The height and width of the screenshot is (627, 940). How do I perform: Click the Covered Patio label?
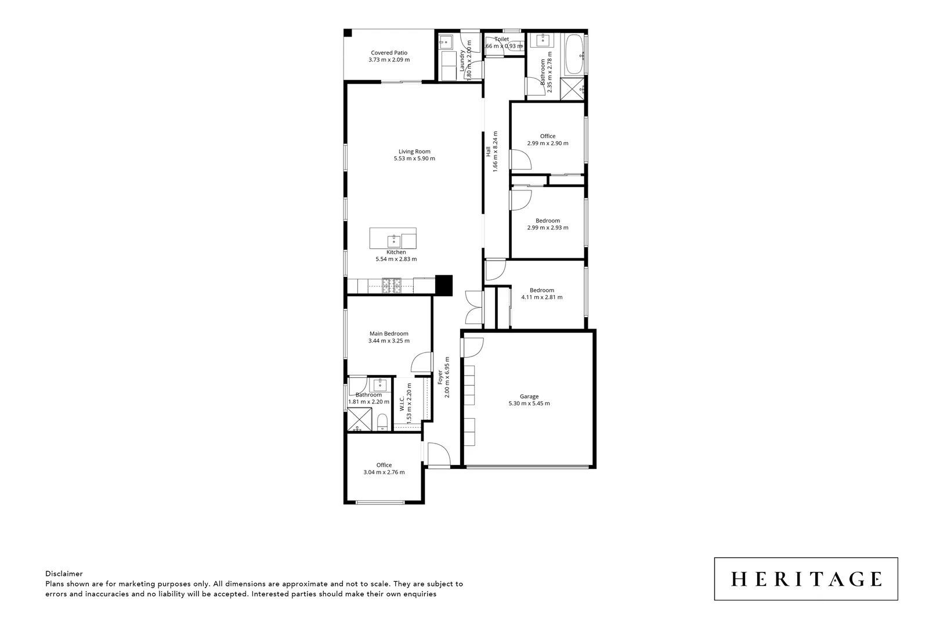[x=389, y=53]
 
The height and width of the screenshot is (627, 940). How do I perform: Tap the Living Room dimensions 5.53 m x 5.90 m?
[x=414, y=158]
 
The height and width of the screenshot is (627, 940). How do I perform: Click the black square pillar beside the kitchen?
[x=443, y=284]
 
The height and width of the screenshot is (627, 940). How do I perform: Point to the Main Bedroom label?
[x=389, y=334]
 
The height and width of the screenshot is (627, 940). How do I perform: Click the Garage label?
[x=529, y=397]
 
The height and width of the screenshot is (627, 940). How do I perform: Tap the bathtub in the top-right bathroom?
[x=575, y=55]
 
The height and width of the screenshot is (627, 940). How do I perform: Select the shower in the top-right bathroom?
[x=573, y=89]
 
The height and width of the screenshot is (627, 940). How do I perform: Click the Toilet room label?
[x=501, y=39]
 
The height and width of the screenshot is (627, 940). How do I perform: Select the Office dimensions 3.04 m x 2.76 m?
[x=384, y=473]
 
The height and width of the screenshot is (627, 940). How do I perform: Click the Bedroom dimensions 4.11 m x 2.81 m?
[x=541, y=297]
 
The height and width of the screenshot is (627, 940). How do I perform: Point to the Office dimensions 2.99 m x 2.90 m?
[x=547, y=143]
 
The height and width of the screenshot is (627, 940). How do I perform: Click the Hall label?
[x=489, y=151]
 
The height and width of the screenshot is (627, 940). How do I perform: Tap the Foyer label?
[x=440, y=377]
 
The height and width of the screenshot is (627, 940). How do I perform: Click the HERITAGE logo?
[x=805, y=579]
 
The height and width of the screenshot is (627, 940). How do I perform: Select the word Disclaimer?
[x=64, y=574]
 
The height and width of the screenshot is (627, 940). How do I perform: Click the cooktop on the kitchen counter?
[x=391, y=284]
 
